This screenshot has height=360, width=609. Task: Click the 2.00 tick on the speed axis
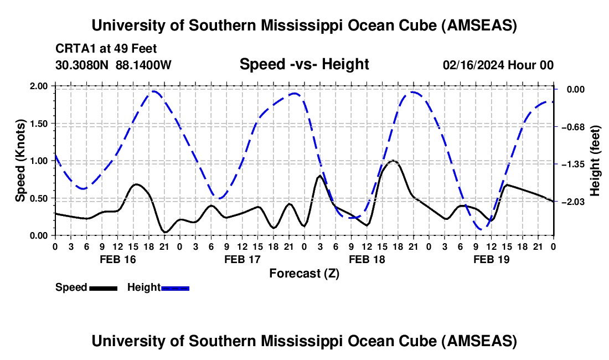tap(40, 86)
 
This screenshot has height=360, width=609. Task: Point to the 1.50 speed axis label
tap(40, 124)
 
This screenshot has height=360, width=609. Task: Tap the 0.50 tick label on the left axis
tap(40, 198)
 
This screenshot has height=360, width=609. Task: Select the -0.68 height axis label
tap(574, 127)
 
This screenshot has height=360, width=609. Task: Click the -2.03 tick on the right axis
tap(574, 202)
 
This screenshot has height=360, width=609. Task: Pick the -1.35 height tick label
tap(574, 164)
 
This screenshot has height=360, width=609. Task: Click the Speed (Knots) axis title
tap(20, 161)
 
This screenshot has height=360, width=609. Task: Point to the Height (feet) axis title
tap(595, 161)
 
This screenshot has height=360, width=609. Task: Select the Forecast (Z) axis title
tap(304, 273)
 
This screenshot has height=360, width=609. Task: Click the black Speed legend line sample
tap(103, 288)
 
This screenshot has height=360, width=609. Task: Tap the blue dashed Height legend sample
tap(176, 288)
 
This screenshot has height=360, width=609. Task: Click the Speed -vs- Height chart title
tap(304, 64)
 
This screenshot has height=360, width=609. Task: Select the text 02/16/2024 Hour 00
tap(498, 65)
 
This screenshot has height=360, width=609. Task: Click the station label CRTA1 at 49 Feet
tap(99, 48)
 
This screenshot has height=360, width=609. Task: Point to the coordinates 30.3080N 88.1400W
tap(113, 65)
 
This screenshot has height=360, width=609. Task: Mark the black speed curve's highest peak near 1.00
tap(393, 161)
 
